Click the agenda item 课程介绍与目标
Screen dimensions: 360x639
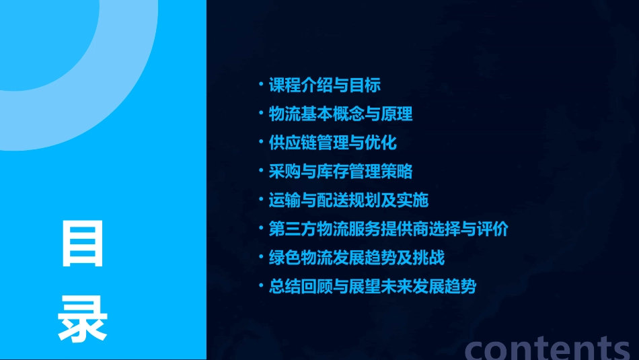point(325,85)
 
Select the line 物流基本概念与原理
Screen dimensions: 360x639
point(340,114)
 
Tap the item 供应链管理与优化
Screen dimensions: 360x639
point(332,143)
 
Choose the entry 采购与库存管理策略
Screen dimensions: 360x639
point(340,172)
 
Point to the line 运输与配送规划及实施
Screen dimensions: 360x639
point(348,201)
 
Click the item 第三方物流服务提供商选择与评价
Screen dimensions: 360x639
point(388,229)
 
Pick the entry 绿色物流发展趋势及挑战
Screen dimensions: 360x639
point(356,258)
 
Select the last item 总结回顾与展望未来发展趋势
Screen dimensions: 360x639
point(372,287)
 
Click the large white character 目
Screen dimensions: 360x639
point(83,244)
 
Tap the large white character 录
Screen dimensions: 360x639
point(83,319)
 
